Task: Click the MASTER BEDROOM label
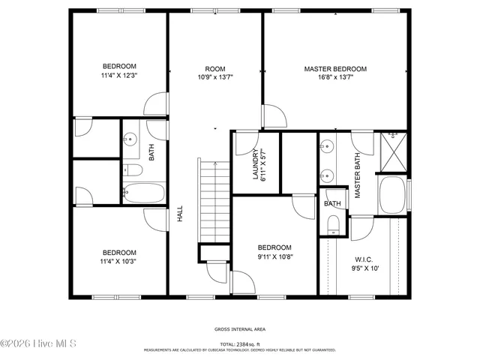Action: [x=334, y=69]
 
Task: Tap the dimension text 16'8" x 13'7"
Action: [x=334, y=76]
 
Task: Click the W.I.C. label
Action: [x=363, y=260]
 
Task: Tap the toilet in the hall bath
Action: [x=130, y=170]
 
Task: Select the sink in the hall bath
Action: [x=130, y=139]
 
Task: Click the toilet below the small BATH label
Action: [x=333, y=223]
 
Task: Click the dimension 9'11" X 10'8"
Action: [x=274, y=256]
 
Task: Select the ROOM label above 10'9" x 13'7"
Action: [x=215, y=69]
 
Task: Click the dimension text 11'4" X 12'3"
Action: [x=119, y=76]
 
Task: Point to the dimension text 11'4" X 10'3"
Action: [x=119, y=261]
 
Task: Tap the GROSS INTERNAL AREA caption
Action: [x=240, y=328]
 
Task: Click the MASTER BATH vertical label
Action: [x=358, y=175]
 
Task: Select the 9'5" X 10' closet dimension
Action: [x=363, y=268]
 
